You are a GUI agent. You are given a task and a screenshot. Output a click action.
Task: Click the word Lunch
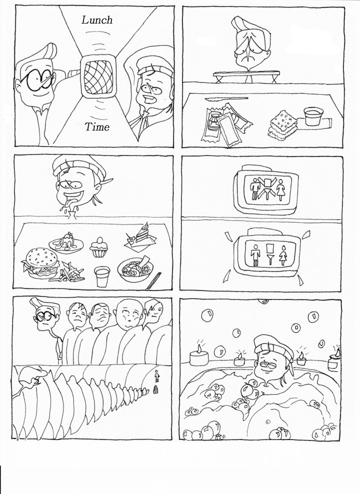coord(97,20)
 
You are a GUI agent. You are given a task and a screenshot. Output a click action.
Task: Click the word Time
coord(97,127)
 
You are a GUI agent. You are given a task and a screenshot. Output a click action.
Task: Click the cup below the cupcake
coord(102,275)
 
